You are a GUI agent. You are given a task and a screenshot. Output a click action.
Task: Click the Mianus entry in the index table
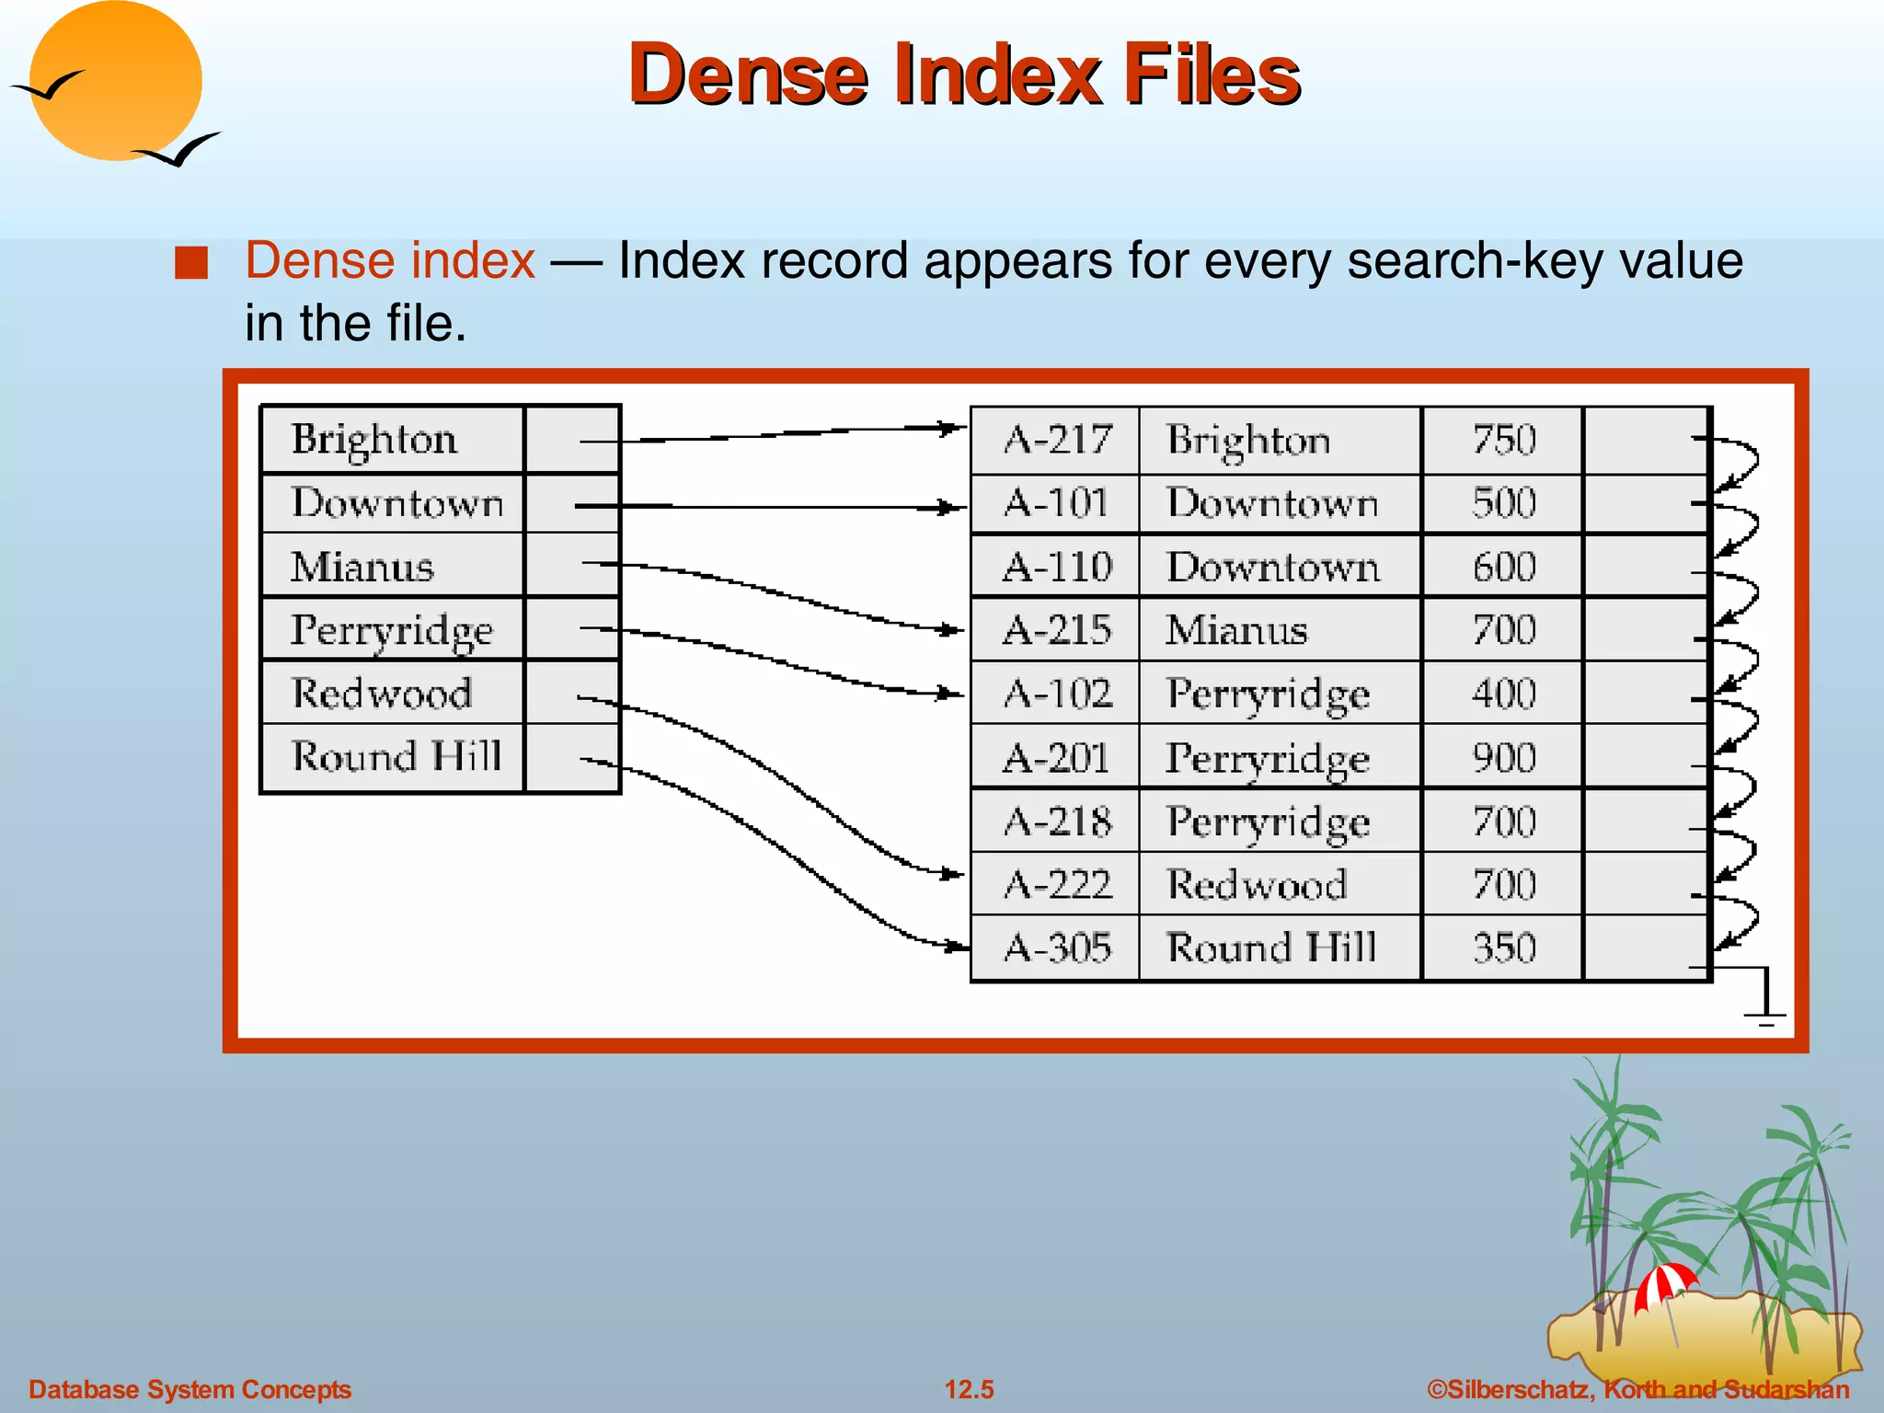pos(362,567)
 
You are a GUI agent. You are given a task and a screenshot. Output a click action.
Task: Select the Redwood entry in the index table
pos(382,693)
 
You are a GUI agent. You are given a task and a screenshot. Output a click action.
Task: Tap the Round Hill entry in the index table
pos(396,757)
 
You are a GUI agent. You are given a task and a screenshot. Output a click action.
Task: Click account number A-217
pos(1057,440)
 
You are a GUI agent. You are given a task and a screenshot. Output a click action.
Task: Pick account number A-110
pos(1057,567)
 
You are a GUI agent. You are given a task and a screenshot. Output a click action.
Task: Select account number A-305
pos(1057,948)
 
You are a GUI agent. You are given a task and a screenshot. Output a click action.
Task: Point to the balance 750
pos(1504,440)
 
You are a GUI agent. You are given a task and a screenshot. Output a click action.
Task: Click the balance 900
pos(1504,758)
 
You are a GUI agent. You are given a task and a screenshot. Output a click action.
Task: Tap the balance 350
pos(1504,948)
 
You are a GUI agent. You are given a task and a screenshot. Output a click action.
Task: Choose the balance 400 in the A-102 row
pos(1504,694)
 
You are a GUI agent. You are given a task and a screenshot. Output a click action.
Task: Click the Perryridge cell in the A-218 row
pos(1268,821)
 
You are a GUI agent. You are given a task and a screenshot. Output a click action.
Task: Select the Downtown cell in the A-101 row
pos(1272,503)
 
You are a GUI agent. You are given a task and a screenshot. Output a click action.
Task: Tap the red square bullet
pos(191,263)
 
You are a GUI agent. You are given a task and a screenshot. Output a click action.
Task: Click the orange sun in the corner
pos(116,81)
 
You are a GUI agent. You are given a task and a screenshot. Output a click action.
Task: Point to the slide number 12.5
pos(969,1389)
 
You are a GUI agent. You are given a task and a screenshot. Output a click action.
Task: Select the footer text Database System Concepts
pos(190,1389)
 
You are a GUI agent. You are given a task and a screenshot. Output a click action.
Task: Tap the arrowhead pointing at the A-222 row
pos(953,874)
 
